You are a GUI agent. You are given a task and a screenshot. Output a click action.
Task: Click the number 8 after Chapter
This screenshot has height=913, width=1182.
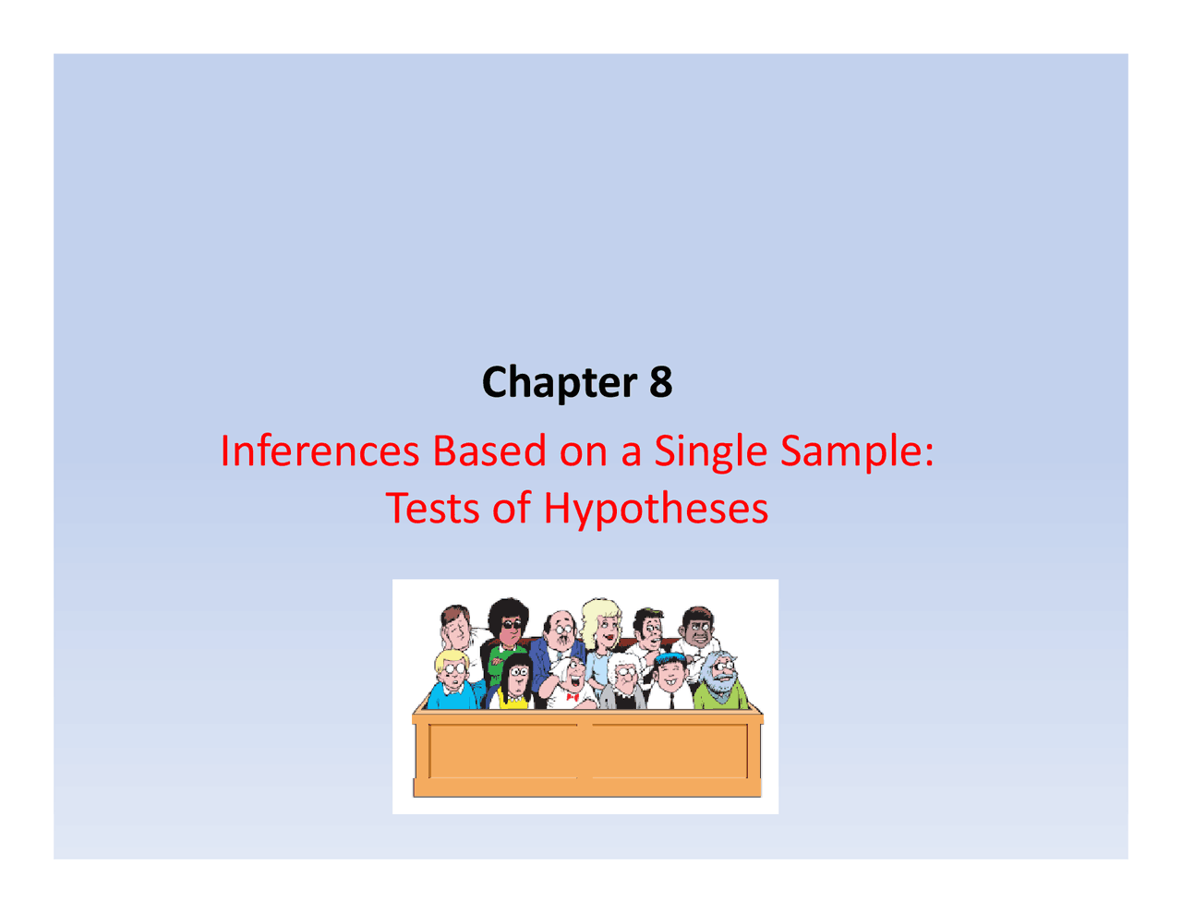coord(660,382)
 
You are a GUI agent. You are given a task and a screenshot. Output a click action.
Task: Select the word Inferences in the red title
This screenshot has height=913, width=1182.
coord(319,450)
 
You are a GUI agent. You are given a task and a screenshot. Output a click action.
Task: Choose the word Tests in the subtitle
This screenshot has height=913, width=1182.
coord(431,508)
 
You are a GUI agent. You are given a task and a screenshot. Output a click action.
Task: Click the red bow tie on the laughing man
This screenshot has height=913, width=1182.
coord(572,697)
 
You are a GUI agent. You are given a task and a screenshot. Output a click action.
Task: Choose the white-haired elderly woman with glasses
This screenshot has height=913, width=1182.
coord(627,681)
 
